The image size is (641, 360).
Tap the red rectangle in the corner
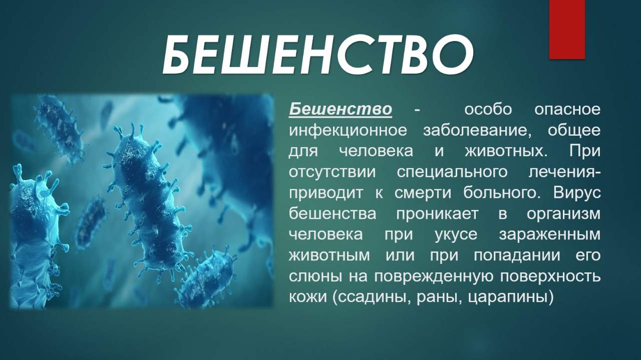tap(567, 30)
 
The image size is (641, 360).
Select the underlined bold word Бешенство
tap(340, 109)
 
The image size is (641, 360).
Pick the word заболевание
tap(475, 131)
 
